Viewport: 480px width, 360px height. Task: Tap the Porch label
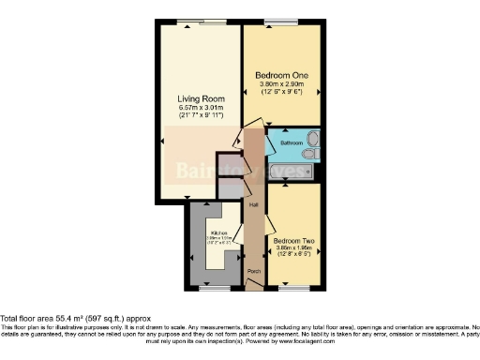point(253,272)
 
